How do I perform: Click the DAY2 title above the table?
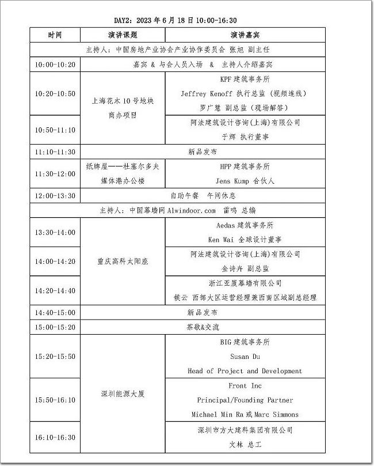coord(175,20)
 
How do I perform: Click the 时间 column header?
coord(55,35)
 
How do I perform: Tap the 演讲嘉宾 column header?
coord(245,35)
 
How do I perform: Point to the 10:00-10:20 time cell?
coord(55,64)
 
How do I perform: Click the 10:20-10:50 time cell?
coord(55,93)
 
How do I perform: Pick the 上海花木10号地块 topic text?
coord(123,100)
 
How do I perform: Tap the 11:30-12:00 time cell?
coord(55,173)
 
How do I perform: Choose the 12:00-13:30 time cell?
coord(55,196)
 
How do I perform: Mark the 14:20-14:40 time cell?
coord(55,290)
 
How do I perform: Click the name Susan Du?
coord(245,357)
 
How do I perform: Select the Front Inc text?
coord(245,386)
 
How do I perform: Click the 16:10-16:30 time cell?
coord(55,437)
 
